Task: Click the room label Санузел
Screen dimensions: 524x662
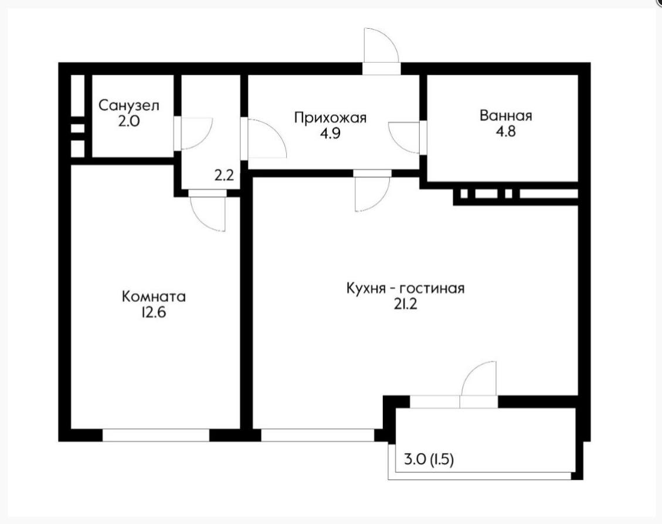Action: tap(128, 106)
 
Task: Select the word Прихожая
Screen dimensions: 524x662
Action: tap(330, 118)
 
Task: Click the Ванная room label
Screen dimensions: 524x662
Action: tap(505, 115)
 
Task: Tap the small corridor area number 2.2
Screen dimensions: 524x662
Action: tap(225, 174)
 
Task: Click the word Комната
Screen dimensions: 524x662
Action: tap(154, 296)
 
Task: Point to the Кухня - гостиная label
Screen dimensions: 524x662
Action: tap(405, 289)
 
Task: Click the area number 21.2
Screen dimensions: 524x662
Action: tap(405, 305)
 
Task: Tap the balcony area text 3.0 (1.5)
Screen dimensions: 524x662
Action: tap(429, 460)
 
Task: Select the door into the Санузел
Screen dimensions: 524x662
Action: tap(195, 133)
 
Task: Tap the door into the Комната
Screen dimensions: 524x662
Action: tap(209, 212)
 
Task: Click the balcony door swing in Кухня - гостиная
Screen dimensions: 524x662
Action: tap(478, 381)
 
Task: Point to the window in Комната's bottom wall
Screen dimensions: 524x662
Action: tap(156, 435)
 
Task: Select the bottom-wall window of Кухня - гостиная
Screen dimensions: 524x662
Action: tap(317, 435)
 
